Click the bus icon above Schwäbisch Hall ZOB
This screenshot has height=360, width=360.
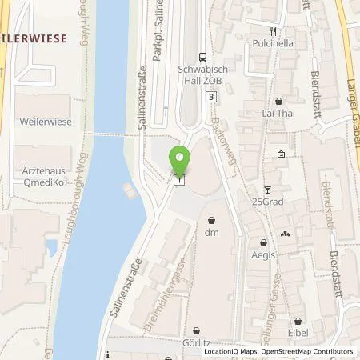click(204, 56)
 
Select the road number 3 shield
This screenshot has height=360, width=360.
click(210, 96)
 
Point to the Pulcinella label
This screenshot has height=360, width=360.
click(272, 45)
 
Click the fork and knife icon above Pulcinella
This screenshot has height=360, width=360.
click(272, 31)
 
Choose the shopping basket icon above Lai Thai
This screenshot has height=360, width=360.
click(278, 102)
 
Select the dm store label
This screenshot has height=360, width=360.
click(211, 232)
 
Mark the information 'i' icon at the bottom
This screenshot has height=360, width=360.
click(106, 353)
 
